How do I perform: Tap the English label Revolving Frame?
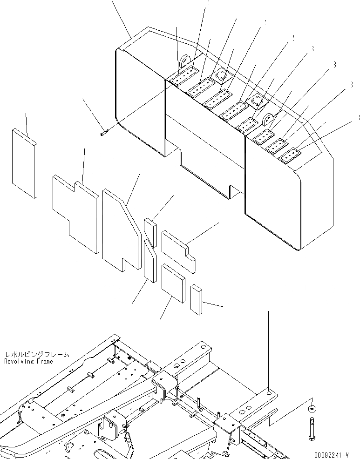pos(28,361)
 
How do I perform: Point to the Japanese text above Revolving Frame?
pos(36,355)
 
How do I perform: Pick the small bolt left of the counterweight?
pos(104,133)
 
